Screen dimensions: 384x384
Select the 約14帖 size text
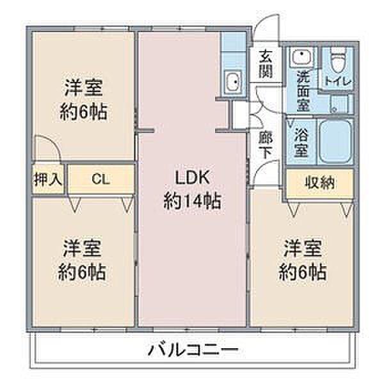192,202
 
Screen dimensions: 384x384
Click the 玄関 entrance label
266,63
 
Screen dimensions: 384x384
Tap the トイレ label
336,81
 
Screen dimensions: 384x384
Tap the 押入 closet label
47,179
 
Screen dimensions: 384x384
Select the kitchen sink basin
233,83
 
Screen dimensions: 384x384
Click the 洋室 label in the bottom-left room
83,247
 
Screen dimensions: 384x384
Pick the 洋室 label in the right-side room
303,247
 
